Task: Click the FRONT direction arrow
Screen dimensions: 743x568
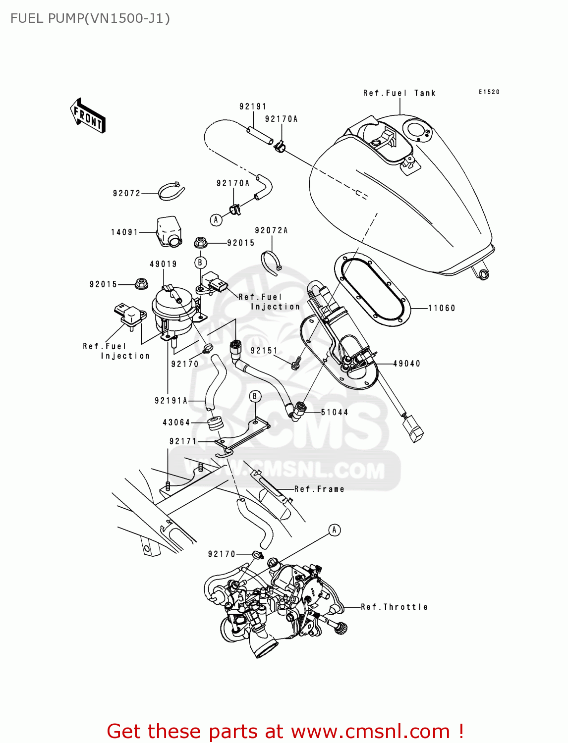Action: pyautogui.click(x=88, y=115)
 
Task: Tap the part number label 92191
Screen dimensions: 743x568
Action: pyautogui.click(x=253, y=106)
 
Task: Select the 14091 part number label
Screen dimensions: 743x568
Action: pyautogui.click(x=124, y=232)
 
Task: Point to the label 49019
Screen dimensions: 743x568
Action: pyautogui.click(x=164, y=264)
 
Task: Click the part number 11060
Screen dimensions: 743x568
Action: pyautogui.click(x=442, y=308)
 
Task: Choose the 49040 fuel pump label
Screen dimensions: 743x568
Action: pyautogui.click(x=407, y=364)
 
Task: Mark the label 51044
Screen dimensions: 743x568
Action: pyautogui.click(x=335, y=412)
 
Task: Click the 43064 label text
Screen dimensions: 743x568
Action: pyautogui.click(x=176, y=423)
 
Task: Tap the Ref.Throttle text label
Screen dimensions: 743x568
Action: pyautogui.click(x=394, y=607)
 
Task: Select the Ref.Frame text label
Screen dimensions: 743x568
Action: pyautogui.click(x=319, y=489)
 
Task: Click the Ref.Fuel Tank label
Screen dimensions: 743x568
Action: pyautogui.click(x=399, y=93)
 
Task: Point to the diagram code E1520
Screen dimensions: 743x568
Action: pyautogui.click(x=489, y=92)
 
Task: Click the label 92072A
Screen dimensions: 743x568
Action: pyautogui.click(x=271, y=230)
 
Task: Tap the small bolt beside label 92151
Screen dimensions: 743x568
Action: pyautogui.click(x=296, y=364)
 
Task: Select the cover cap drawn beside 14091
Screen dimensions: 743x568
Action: pyautogui.click(x=169, y=230)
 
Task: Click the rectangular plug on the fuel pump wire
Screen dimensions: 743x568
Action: pyautogui.click(x=413, y=429)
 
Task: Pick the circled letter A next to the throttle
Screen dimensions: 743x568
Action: pyautogui.click(x=335, y=530)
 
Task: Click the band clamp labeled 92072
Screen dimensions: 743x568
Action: pyautogui.click(x=171, y=191)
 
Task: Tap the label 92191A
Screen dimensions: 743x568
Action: pyautogui.click(x=171, y=401)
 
